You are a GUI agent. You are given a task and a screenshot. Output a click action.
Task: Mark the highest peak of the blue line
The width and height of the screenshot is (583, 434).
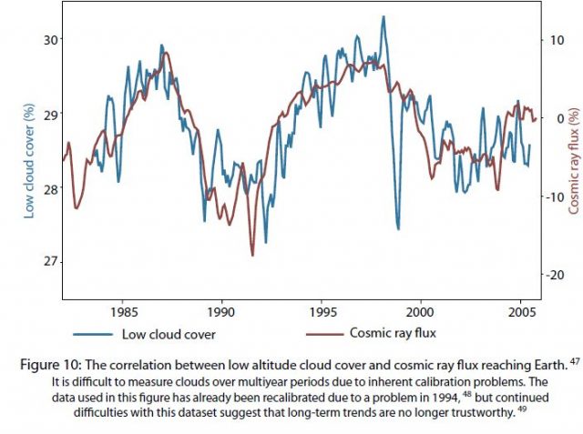click(383, 16)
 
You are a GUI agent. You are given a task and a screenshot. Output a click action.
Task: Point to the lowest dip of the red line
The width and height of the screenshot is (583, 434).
click(252, 255)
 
